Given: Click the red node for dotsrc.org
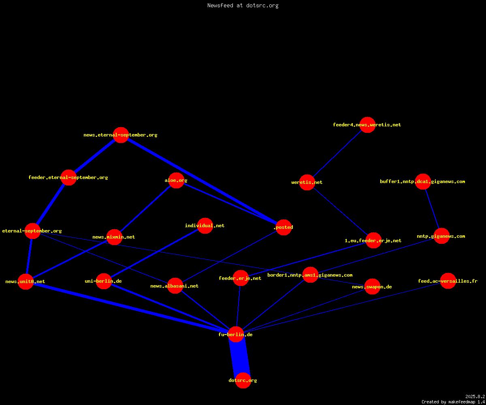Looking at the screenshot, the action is point(243,380).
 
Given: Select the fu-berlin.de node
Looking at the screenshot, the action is point(236,335).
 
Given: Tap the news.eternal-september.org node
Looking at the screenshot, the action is point(121,135).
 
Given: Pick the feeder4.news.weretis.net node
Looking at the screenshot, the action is point(367,125).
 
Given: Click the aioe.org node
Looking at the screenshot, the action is point(176,180).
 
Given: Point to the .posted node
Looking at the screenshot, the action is point(283,227).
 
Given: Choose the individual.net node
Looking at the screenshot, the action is point(205,226).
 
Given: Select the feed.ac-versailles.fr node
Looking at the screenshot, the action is point(448,281).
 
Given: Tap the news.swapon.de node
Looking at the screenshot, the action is point(373,286).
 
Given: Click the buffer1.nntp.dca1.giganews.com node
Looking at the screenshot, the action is point(423,181).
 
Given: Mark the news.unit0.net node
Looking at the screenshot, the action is point(26,281).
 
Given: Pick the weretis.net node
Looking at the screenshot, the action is point(307,182).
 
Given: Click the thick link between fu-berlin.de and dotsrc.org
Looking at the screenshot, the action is point(240,358).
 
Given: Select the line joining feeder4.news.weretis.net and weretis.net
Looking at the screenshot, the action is point(337,153).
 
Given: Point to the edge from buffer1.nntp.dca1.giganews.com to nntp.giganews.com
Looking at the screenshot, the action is point(432,209).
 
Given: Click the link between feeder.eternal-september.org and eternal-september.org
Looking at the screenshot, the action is point(51,205).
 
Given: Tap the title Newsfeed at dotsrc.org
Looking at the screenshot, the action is point(243,6).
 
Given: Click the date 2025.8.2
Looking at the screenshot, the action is point(475,396).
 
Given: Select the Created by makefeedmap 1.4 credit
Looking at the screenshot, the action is point(453,402).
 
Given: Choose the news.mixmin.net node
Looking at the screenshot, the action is point(114,237).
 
